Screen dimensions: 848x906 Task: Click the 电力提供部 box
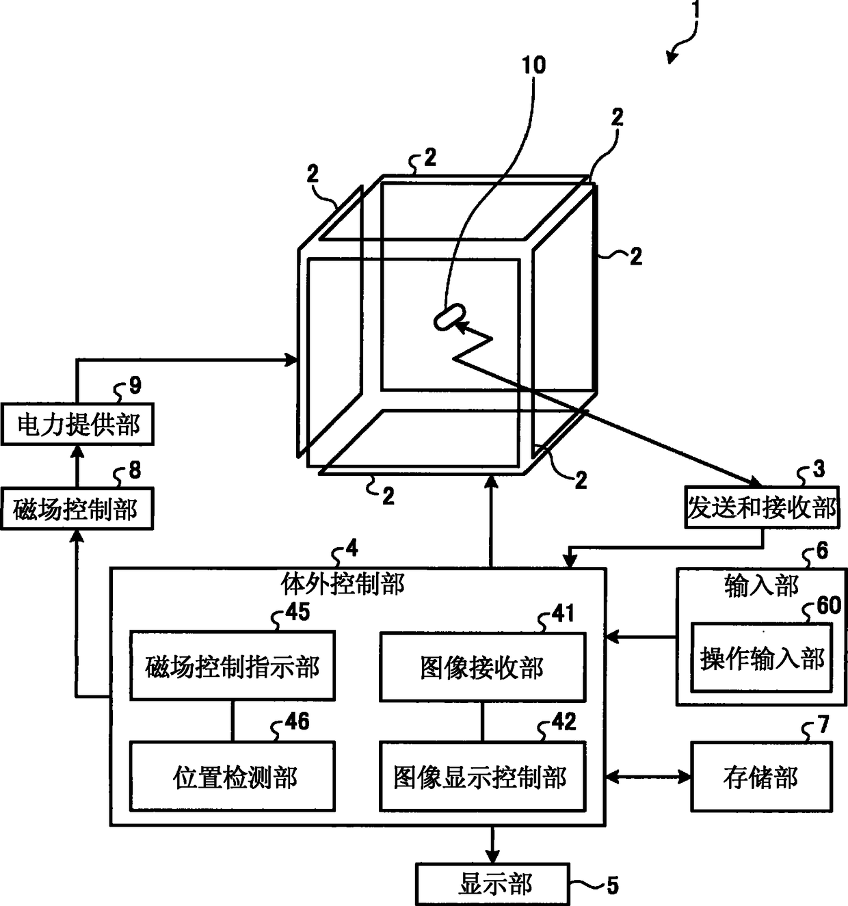(77, 424)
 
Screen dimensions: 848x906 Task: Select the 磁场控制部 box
(77, 509)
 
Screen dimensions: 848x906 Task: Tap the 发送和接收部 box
(762, 508)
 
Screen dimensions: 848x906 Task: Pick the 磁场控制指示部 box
(233, 665)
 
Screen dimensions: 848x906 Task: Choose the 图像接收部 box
(482, 667)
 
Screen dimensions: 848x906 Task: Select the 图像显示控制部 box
(482, 777)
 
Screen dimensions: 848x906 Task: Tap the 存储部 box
(761, 777)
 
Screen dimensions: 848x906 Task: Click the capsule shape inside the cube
(449, 317)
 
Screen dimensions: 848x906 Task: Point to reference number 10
(533, 65)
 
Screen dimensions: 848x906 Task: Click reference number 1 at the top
(695, 10)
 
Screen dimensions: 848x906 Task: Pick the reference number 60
(828, 605)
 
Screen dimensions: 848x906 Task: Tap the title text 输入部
(761, 586)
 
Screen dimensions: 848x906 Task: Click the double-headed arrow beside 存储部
(648, 777)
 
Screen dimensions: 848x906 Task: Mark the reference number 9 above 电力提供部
(135, 386)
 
